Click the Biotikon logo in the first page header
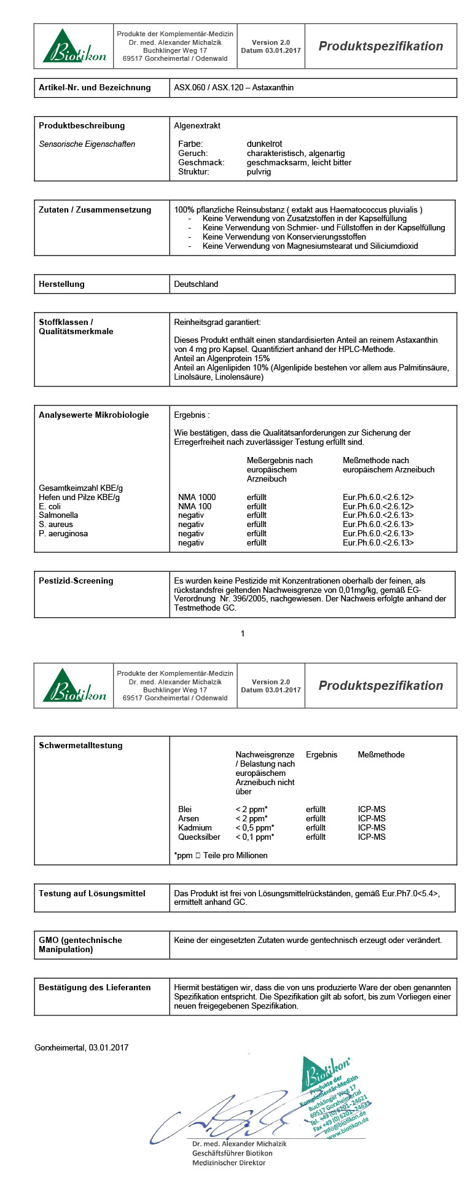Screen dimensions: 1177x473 pos(74,47)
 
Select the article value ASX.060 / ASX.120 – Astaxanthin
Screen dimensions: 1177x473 pos(233,88)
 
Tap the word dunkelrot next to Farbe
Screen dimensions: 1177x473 pos(264,144)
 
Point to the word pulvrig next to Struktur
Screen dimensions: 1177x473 pos(259,172)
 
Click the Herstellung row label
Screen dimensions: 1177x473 pos(61,284)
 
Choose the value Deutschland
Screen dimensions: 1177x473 pos(196,284)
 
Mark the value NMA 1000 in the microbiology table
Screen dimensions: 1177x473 pos(197,497)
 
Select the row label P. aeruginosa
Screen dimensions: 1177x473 pos(63,534)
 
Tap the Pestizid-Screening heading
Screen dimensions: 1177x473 pos(76,581)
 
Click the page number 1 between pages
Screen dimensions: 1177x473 pos(243,633)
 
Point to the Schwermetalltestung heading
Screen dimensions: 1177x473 pos(80,746)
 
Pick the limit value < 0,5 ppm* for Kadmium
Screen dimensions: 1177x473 pos(255,828)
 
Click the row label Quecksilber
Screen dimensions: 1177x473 pos(199,837)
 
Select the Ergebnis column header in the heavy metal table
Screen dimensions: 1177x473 pos(321,755)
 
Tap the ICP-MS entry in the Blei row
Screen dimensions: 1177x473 pos(372,810)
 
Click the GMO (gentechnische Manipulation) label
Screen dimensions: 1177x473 pos(80,945)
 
